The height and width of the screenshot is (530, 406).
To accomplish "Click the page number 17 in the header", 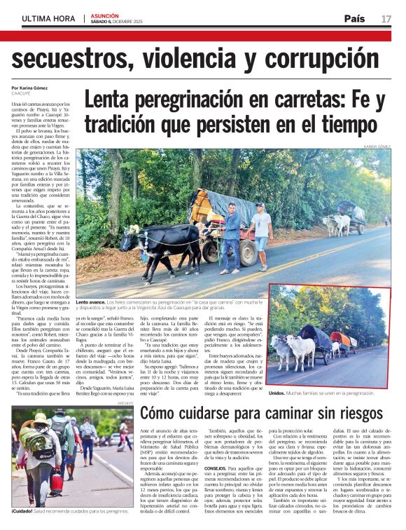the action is click(386, 19).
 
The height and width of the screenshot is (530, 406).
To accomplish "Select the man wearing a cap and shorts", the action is click(262, 227).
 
